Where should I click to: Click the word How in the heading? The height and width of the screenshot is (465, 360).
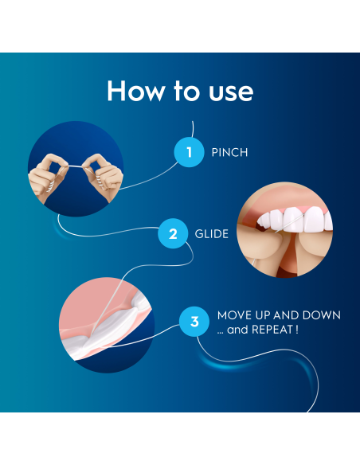point(131,91)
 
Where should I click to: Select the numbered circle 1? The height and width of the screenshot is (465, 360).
point(189,151)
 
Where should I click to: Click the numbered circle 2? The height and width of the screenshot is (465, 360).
point(173,234)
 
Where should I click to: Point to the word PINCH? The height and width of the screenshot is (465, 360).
point(229,152)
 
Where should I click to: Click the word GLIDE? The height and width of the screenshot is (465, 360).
point(212,235)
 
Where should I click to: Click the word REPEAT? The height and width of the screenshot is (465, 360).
point(273,329)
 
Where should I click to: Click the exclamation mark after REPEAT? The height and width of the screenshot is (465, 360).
point(297,329)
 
